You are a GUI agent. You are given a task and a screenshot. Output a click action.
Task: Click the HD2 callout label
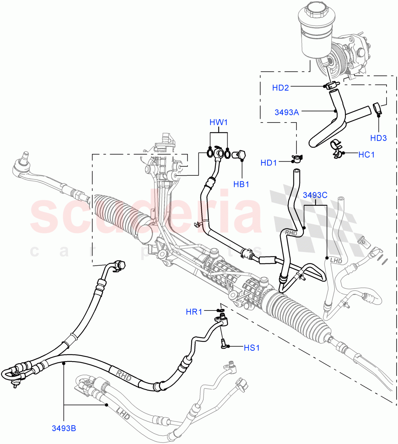tap(280, 88)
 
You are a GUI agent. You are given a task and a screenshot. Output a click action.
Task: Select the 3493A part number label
tap(287, 112)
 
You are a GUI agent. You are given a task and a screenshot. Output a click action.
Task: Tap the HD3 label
tap(378, 138)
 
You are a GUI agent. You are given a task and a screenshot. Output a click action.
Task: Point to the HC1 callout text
tap(367, 155)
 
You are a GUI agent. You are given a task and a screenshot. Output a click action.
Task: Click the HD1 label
tap(269, 163)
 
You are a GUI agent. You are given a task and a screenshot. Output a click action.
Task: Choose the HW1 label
tap(218, 122)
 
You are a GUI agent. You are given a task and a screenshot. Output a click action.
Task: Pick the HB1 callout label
tap(241, 184)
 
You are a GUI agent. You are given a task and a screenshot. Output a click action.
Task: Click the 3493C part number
tap(315, 195)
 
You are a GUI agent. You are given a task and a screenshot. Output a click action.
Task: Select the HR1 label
tap(194, 312)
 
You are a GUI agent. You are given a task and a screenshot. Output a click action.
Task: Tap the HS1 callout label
tap(252, 348)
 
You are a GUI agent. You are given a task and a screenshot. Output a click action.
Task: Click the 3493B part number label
tap(64, 428)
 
